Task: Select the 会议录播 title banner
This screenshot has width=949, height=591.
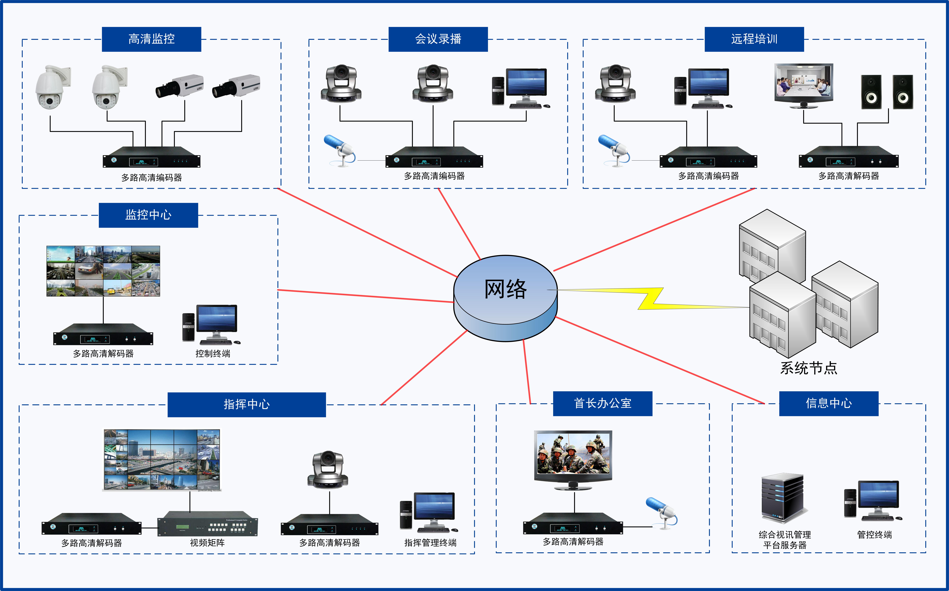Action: [438, 39]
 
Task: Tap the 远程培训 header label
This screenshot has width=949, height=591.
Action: [754, 39]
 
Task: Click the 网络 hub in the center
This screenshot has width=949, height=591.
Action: [506, 298]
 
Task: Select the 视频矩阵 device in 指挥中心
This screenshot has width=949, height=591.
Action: [207, 523]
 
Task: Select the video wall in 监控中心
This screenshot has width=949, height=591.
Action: [103, 271]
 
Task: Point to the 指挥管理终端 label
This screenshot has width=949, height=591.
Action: [430, 543]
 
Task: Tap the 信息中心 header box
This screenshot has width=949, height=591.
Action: [829, 403]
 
